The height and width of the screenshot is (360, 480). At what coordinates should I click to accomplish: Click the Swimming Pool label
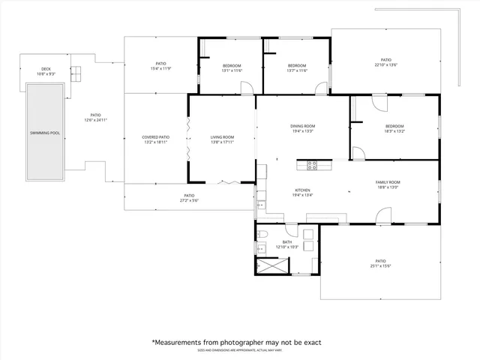[x=44, y=133]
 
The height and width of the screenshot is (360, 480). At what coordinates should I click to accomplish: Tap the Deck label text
[x=46, y=70]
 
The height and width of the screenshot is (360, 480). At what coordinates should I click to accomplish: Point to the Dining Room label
[x=302, y=126]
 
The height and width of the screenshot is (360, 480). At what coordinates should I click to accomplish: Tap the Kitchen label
[x=301, y=190]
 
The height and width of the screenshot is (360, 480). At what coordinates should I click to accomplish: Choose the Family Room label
[x=388, y=182]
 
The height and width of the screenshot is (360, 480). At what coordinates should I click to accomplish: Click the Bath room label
[x=287, y=242]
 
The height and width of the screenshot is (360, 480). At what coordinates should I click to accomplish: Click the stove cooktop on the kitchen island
[x=312, y=164]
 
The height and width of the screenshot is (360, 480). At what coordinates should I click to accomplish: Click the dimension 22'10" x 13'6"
[x=385, y=65]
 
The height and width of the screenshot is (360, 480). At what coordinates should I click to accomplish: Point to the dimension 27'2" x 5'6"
[x=189, y=200]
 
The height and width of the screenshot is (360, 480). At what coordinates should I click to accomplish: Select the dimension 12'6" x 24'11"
[x=96, y=120]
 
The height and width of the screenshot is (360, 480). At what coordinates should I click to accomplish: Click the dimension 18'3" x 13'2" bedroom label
[x=394, y=131]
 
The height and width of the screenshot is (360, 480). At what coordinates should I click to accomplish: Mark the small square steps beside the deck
[x=75, y=73]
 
